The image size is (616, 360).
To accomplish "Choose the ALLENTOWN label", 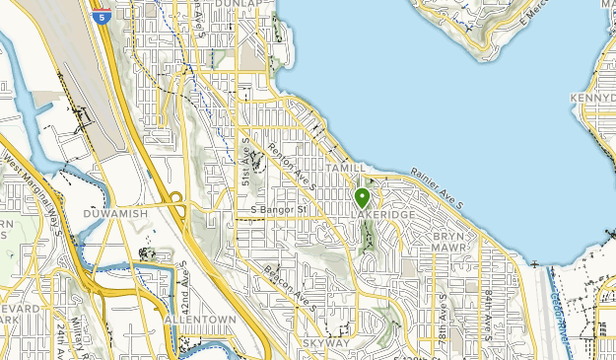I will click(x=201, y=321).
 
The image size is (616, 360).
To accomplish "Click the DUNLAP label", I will click(x=241, y=5).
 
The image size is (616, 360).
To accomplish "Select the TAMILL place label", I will click(x=348, y=169).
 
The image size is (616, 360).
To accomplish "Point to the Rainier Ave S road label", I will click(x=437, y=186).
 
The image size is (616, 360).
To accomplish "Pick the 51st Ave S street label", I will click(x=247, y=164).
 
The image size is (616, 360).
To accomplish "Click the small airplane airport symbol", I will click(x=533, y=265).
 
